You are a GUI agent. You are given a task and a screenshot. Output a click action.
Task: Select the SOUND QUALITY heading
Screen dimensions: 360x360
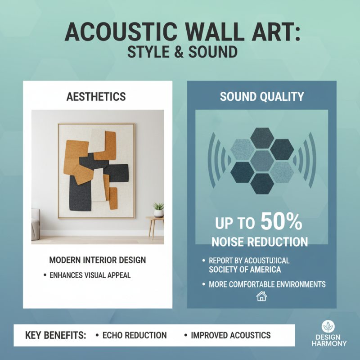click(x=261, y=96)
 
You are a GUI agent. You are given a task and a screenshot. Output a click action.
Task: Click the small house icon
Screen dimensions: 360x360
click(x=261, y=296)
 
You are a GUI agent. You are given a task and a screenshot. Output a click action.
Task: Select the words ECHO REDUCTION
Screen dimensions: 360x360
click(x=135, y=335)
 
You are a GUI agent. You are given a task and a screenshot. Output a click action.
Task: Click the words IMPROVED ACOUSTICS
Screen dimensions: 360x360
click(x=231, y=335)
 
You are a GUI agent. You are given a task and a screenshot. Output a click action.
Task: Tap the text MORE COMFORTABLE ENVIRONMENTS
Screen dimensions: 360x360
click(x=267, y=284)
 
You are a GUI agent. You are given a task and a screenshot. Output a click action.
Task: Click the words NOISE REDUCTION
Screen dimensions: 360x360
click(x=260, y=242)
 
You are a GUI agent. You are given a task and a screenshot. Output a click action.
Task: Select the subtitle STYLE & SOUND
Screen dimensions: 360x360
click(x=182, y=51)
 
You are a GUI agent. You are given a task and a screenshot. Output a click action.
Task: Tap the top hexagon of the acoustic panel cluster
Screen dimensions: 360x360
click(x=261, y=137)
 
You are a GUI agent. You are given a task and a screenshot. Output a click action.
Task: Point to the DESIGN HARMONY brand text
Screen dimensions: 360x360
click(x=329, y=340)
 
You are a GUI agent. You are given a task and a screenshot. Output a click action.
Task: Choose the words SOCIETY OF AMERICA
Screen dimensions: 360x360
click(x=245, y=270)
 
